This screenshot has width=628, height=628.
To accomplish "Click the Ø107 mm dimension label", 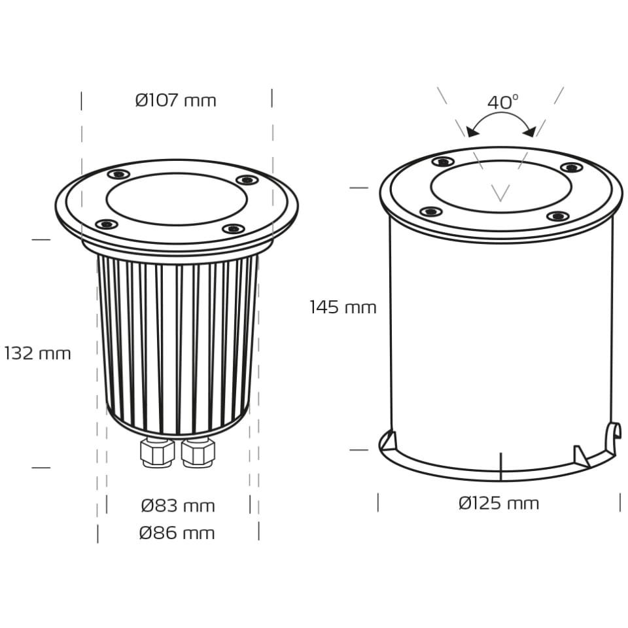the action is [x=176, y=100].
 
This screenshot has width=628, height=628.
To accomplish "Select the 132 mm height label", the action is [x=38, y=354].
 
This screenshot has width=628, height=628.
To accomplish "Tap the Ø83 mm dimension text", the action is [x=178, y=506].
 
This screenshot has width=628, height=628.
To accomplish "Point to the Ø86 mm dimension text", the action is [x=177, y=533].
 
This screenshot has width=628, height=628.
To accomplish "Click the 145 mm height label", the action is [x=343, y=307].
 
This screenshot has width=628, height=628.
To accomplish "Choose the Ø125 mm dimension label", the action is [x=498, y=503].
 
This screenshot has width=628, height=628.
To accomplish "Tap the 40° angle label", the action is [x=502, y=102].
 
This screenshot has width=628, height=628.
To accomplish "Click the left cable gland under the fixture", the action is [x=157, y=452].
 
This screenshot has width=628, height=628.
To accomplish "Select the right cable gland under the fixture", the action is [x=198, y=452].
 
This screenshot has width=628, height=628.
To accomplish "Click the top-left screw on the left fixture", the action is [x=118, y=174].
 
